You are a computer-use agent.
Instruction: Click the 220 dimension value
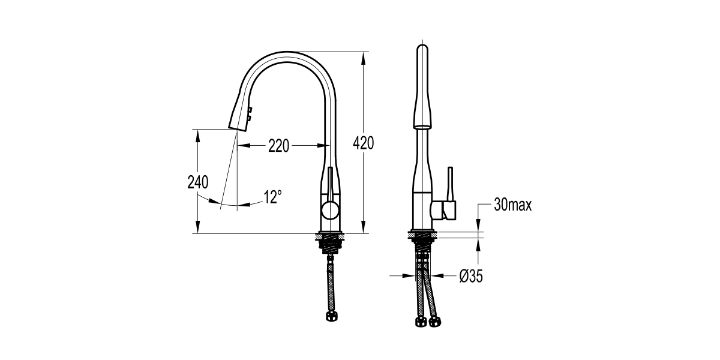click(x=279, y=146)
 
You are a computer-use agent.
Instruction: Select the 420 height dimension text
click(x=363, y=143)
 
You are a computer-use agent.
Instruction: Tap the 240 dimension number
click(x=197, y=182)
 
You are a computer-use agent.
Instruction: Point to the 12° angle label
click(x=272, y=196)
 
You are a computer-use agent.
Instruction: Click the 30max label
click(x=513, y=205)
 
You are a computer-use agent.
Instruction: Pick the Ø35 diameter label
click(x=471, y=276)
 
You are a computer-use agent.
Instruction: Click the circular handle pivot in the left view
click(x=329, y=211)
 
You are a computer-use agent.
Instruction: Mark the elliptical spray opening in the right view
click(x=422, y=126)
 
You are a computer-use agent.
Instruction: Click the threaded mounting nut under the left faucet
click(x=329, y=243)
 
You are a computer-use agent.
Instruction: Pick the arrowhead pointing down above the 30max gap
click(x=479, y=226)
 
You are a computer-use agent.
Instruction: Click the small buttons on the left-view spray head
click(x=250, y=114)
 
